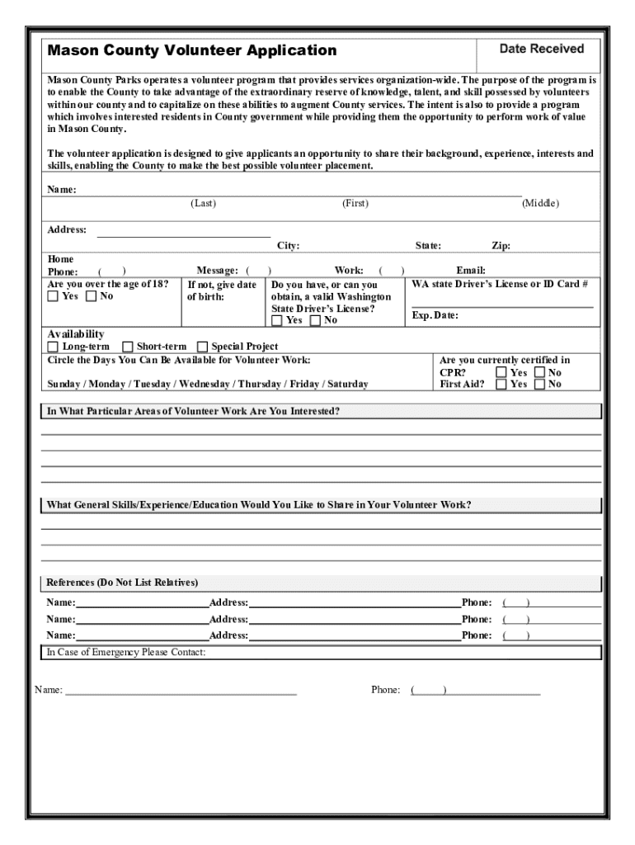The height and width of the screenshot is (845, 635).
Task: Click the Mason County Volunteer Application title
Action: tap(192, 50)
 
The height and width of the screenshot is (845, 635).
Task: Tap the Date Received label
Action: tap(542, 50)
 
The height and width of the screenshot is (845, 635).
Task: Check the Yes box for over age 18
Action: tap(54, 297)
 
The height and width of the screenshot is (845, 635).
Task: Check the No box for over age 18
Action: tap(92, 297)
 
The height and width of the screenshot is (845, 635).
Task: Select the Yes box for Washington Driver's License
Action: tap(277, 320)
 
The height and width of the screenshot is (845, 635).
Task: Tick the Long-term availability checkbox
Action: tap(54, 347)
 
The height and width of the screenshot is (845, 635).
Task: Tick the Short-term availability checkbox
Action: tap(128, 347)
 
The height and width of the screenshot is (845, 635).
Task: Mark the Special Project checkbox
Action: tap(203, 347)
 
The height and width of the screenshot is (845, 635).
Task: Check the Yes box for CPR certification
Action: tap(501, 373)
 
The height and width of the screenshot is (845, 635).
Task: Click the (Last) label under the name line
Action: tap(203, 204)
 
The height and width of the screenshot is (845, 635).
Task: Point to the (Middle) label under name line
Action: tap(540, 204)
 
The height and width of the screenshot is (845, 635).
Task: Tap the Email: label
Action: tap(471, 271)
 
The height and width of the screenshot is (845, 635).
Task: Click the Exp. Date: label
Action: tap(435, 316)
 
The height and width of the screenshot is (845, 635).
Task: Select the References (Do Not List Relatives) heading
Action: tap(122, 583)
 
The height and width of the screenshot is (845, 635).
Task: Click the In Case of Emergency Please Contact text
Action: tap(126, 653)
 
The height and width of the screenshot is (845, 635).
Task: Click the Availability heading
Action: tap(76, 334)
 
